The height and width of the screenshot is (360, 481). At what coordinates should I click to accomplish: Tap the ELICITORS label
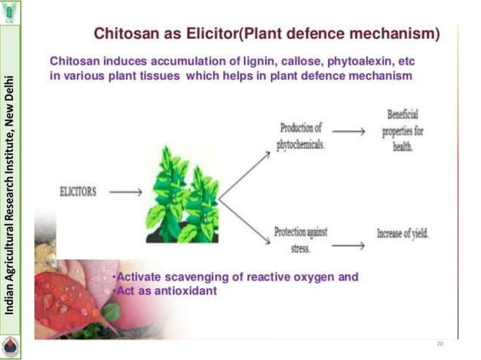(78, 192)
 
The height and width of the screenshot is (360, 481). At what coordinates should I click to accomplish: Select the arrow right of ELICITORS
(125, 192)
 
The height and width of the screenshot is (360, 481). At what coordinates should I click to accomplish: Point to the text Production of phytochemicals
(301, 136)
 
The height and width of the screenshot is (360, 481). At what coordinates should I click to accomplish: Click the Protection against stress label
(300, 239)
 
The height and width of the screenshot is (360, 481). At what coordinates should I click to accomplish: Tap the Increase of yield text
(403, 233)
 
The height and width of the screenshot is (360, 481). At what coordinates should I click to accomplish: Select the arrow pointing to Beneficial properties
(348, 131)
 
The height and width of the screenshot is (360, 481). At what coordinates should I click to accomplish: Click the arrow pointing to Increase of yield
(348, 245)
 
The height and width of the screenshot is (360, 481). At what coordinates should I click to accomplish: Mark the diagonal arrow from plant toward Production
(244, 174)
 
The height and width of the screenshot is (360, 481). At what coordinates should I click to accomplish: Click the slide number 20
(440, 343)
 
